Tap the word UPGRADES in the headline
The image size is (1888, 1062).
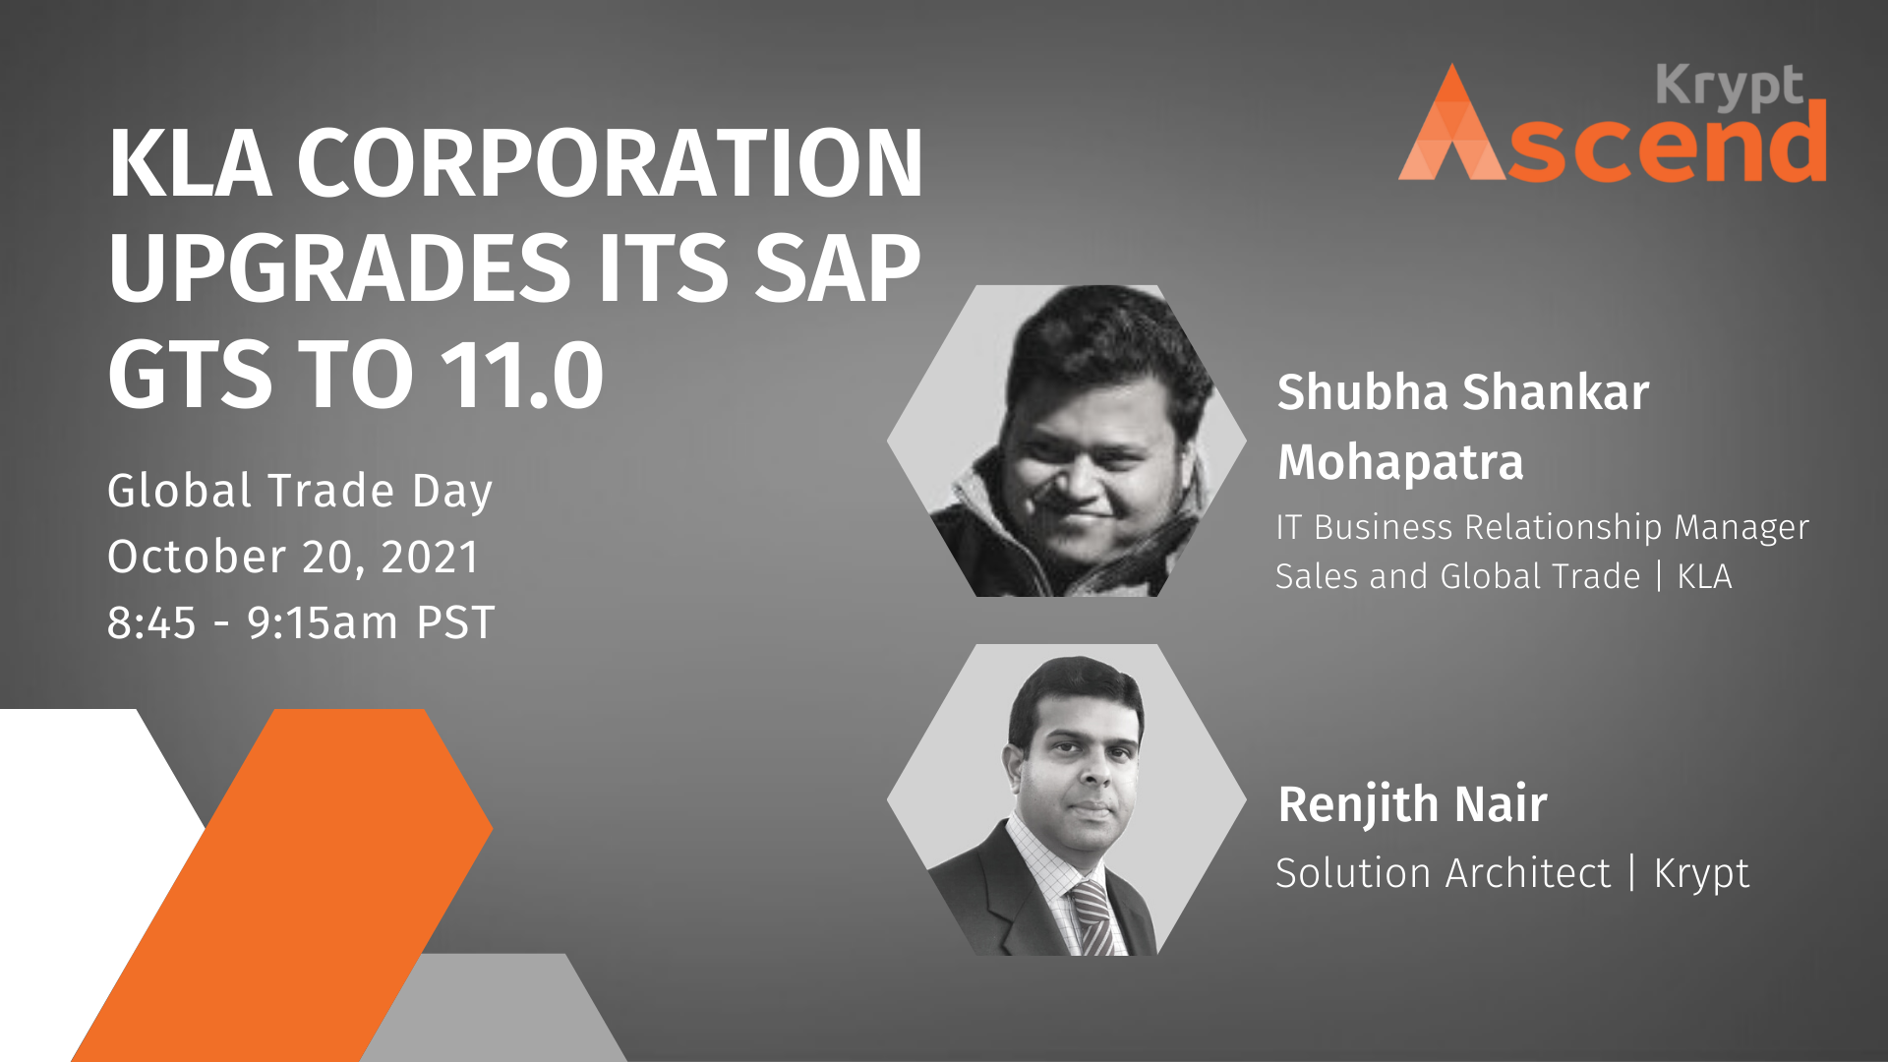(x=340, y=268)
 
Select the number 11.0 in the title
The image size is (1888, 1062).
(x=521, y=375)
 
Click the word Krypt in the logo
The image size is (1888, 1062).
(x=1730, y=87)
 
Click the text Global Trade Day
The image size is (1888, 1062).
(x=300, y=492)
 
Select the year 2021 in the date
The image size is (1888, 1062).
(x=430, y=558)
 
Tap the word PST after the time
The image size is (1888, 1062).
(x=456, y=623)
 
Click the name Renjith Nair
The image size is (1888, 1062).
(x=1412, y=804)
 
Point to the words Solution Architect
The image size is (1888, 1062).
(x=1444, y=873)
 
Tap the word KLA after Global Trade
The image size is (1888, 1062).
(x=1704, y=576)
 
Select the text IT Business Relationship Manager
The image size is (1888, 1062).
(x=1542, y=528)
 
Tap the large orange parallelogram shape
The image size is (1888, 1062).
(x=282, y=885)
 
